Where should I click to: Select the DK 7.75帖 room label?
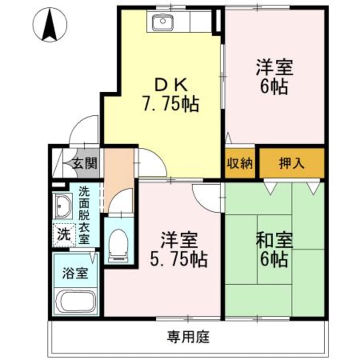pyautogui.click(x=170, y=95)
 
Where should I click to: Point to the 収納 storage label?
pyautogui.click(x=240, y=163)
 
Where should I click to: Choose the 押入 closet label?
pyautogui.click(x=291, y=163)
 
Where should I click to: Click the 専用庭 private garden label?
pyautogui.click(x=187, y=338)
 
